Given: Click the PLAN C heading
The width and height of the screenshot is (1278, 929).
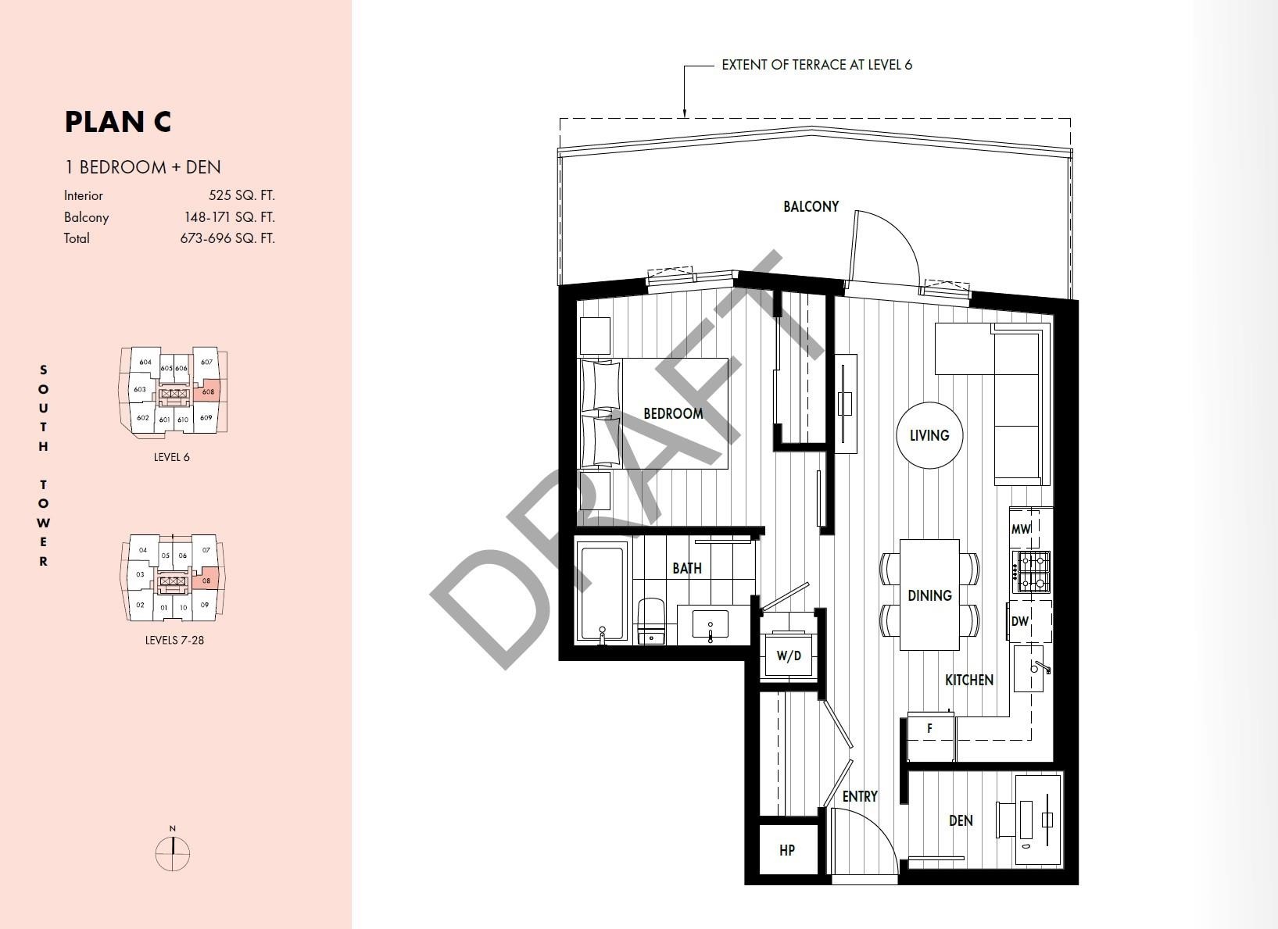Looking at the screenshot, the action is point(118,122).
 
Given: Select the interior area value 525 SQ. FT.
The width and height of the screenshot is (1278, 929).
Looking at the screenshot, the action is point(242,195).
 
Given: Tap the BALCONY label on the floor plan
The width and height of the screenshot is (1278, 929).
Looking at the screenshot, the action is point(811,206).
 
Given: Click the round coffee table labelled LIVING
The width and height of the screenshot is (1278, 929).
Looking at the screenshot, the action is point(930,435).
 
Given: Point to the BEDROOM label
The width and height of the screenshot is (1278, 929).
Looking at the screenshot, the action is point(673,413).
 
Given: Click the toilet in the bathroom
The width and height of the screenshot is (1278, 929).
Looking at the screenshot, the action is point(651,621).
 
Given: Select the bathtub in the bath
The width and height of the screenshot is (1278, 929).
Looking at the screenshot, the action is point(602,593).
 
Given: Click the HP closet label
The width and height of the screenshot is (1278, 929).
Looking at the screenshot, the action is point(787,850).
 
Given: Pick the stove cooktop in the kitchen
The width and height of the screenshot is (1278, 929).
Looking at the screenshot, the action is point(1032,572).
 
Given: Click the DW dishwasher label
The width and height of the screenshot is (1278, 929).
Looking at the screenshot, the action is point(1019,621).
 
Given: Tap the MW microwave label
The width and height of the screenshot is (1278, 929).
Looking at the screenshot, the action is point(1021,529).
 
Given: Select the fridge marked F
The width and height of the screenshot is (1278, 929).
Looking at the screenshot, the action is point(930,736).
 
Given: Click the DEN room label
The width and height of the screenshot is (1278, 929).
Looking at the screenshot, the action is point(961,820).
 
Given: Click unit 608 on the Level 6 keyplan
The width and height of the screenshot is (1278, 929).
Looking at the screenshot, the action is point(208,391).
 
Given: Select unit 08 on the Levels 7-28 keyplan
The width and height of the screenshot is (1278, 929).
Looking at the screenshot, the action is point(206,581).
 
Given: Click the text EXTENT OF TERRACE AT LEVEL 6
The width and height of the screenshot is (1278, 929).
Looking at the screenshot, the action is point(817,65).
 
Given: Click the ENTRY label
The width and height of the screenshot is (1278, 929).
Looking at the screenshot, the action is point(860,797).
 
